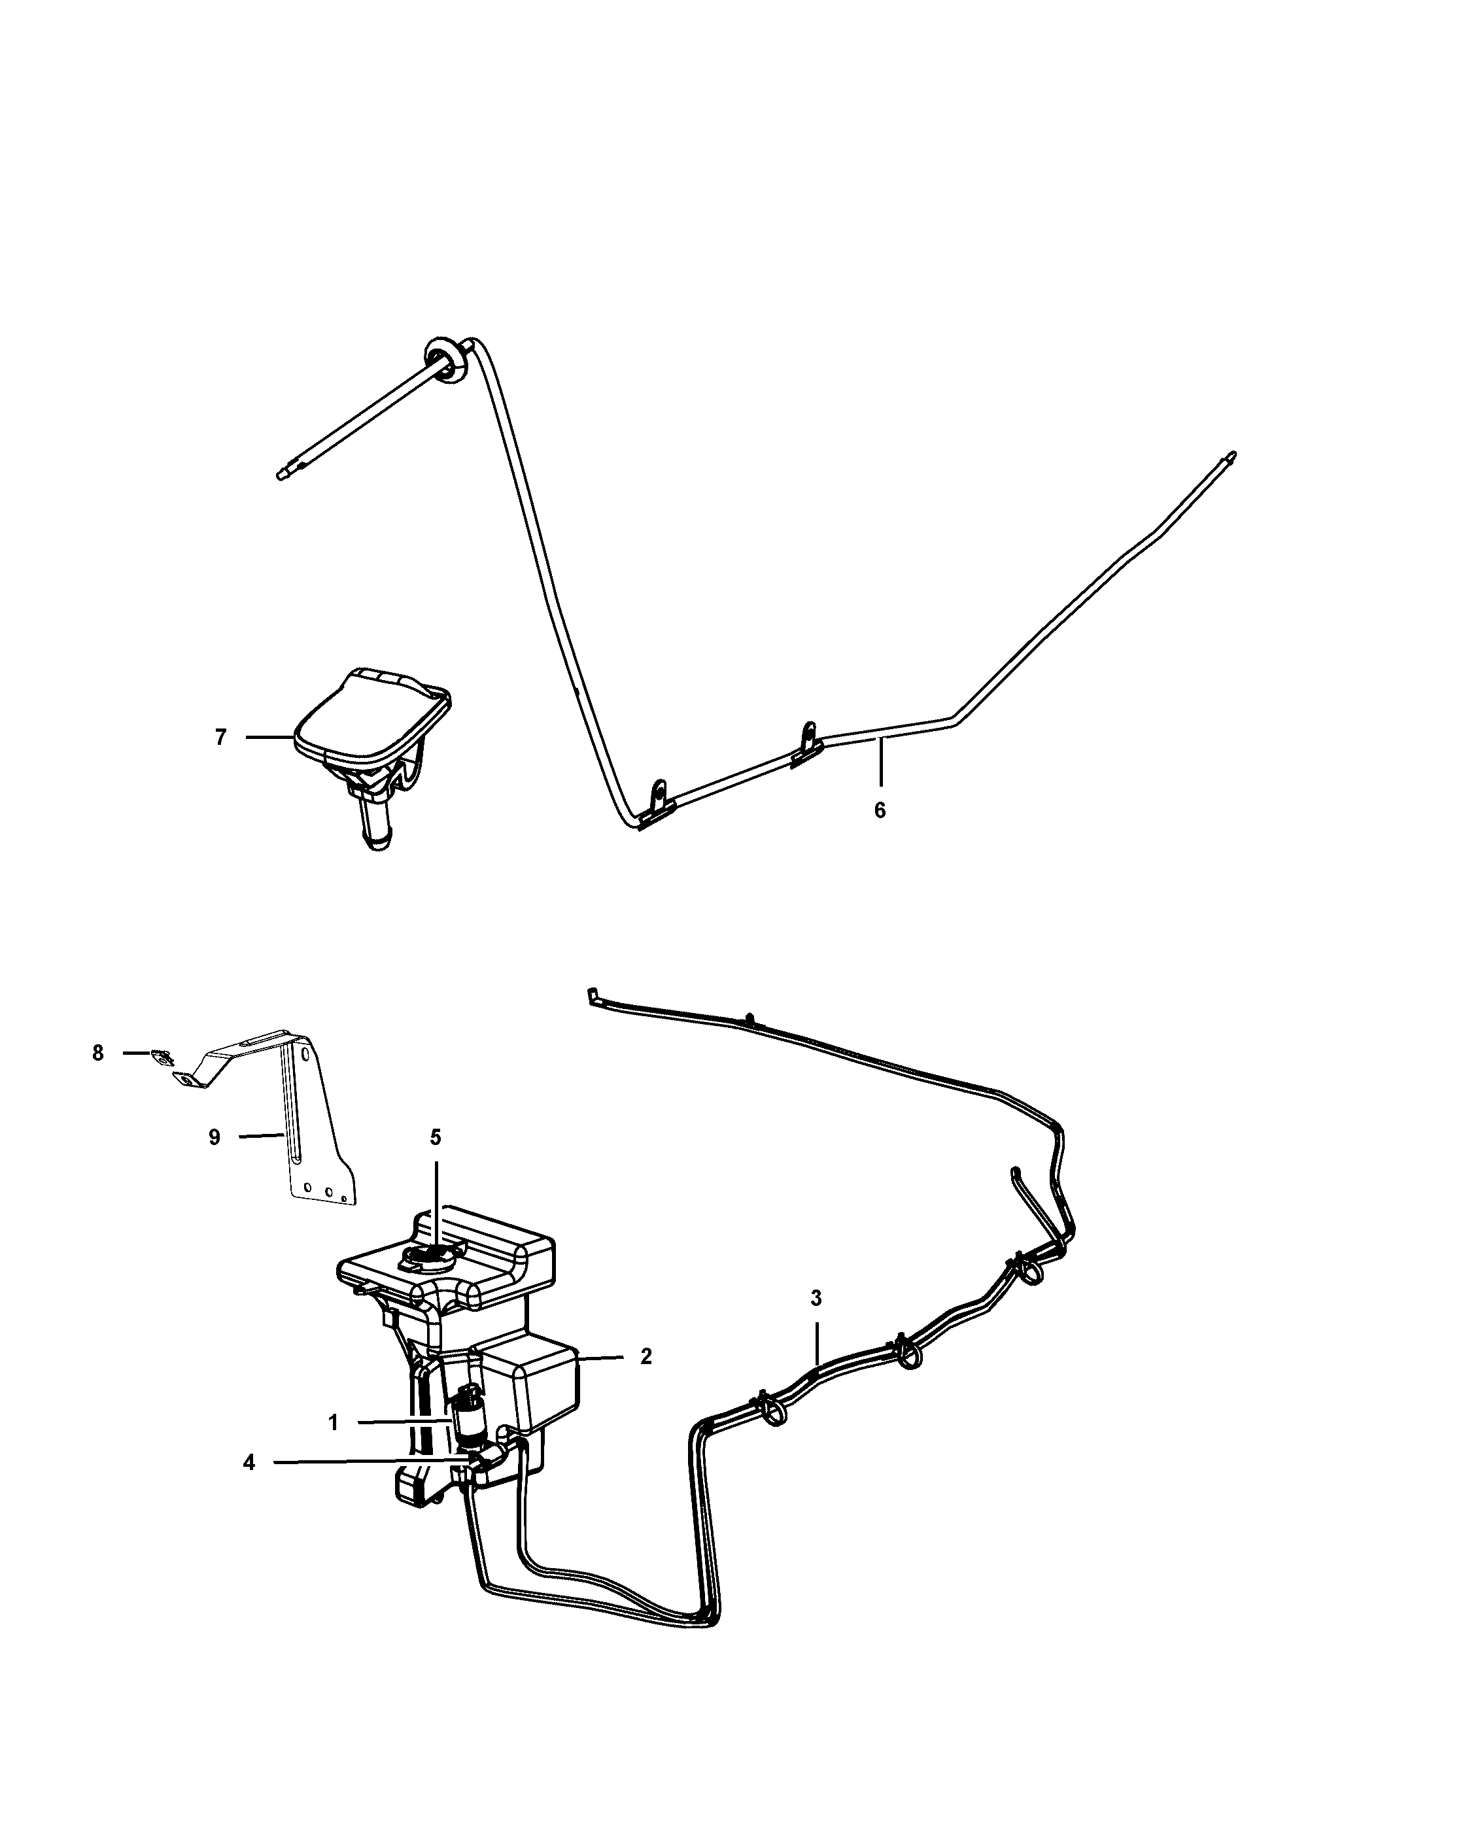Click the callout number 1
pyautogui.click(x=334, y=1422)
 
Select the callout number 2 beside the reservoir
pyautogui.click(x=646, y=1356)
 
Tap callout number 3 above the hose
pyautogui.click(x=816, y=1297)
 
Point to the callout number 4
pyautogui.click(x=249, y=1462)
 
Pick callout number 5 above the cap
pyautogui.click(x=436, y=1137)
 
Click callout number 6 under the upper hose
pyautogui.click(x=880, y=810)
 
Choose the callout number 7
pyautogui.click(x=221, y=737)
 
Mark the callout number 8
pyautogui.click(x=97, y=1053)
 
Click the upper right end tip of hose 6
pyautogui.click(x=1233, y=454)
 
